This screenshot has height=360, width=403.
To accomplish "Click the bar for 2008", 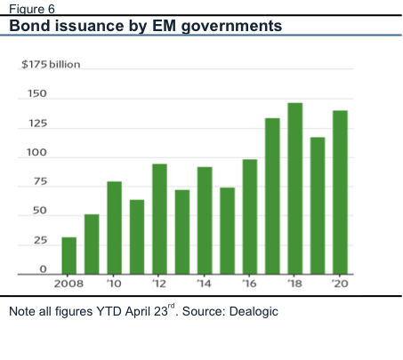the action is pyautogui.click(x=69, y=256).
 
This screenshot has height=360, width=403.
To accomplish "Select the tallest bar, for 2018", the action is pyautogui.click(x=295, y=188).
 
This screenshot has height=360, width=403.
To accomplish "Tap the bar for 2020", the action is pyautogui.click(x=340, y=192).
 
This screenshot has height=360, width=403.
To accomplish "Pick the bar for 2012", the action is pyautogui.click(x=159, y=219).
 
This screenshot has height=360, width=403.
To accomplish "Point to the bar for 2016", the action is pyautogui.click(x=250, y=217).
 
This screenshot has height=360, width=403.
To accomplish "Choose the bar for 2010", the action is pyautogui.click(x=115, y=228).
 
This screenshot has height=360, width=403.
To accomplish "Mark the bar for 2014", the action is pyautogui.click(x=205, y=220).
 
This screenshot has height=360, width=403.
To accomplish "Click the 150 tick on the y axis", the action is pyautogui.click(x=37, y=93).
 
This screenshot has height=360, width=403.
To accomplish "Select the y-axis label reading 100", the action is pyautogui.click(x=36, y=152).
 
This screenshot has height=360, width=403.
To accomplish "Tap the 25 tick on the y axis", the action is pyautogui.click(x=40, y=240).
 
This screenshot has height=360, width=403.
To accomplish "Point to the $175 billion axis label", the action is pyautogui.click(x=51, y=64).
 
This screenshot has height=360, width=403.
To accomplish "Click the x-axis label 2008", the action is pyautogui.click(x=69, y=284).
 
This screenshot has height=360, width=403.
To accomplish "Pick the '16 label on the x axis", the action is pyautogui.click(x=249, y=284).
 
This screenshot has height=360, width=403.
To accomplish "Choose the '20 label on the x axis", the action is pyautogui.click(x=340, y=284).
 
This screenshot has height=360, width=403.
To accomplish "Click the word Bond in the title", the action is pyautogui.click(x=29, y=26).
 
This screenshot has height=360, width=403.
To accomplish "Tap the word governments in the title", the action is pyautogui.click(x=231, y=27).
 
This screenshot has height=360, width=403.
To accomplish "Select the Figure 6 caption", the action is pyautogui.click(x=32, y=9).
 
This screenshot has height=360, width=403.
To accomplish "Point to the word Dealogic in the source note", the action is pyautogui.click(x=254, y=312).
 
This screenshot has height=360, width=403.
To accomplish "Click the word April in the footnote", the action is pyautogui.click(x=138, y=312).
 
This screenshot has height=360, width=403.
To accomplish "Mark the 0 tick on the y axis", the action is pyautogui.click(x=44, y=269).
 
